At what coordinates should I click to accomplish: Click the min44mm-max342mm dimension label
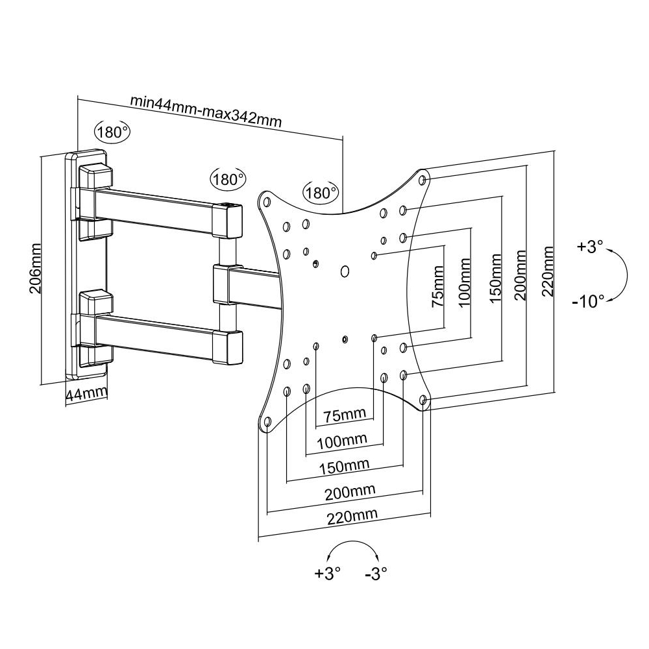(206, 112)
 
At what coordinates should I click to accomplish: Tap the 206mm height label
(35, 268)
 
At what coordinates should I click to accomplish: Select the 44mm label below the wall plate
(86, 393)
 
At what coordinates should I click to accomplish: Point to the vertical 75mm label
(437, 286)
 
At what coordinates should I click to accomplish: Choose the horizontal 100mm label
(342, 441)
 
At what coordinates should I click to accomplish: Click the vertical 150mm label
(495, 278)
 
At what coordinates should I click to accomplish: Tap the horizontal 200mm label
(350, 493)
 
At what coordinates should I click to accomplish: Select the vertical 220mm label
(548, 271)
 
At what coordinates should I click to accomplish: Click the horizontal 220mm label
(352, 516)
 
